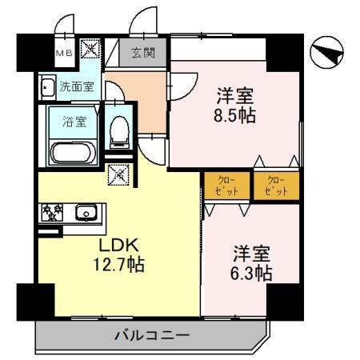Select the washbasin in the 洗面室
tap(46, 86)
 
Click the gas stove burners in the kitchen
tap(53, 213)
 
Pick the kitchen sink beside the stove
tap(86, 213)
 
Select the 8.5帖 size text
tap(234, 117)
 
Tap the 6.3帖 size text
tap(251, 274)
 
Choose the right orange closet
tap(274, 186)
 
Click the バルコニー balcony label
tap(150, 335)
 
